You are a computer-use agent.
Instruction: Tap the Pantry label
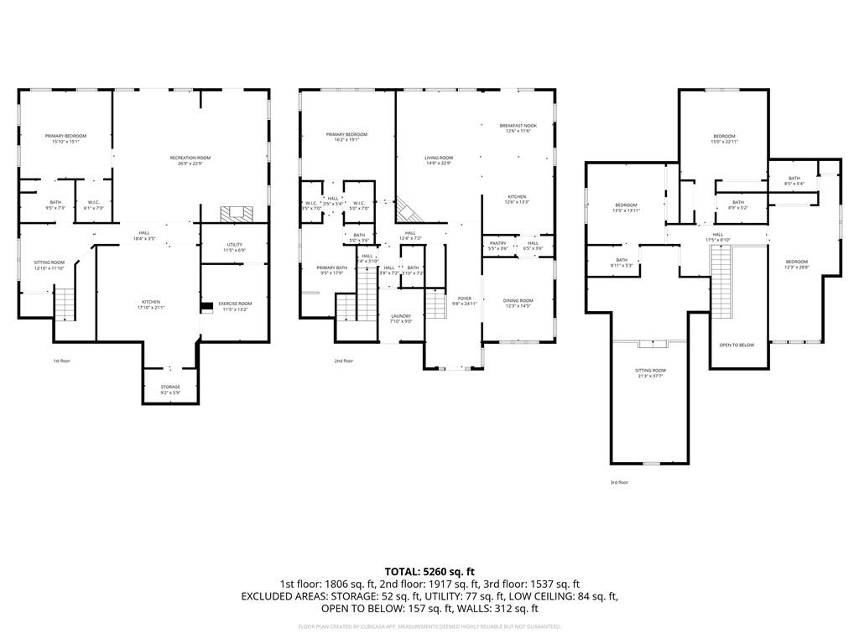pyautogui.click(x=497, y=246)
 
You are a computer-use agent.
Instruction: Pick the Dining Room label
pyautogui.click(x=518, y=303)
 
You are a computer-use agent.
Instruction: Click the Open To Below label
pyautogui.click(x=737, y=345)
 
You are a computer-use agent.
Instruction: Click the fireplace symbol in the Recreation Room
pyautogui.click(x=232, y=214)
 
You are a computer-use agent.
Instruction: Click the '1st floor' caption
pyautogui.click(x=61, y=361)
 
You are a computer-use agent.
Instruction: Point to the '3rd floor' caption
pyautogui.click(x=619, y=482)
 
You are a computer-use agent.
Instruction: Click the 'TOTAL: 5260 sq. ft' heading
pyautogui.click(x=429, y=571)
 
